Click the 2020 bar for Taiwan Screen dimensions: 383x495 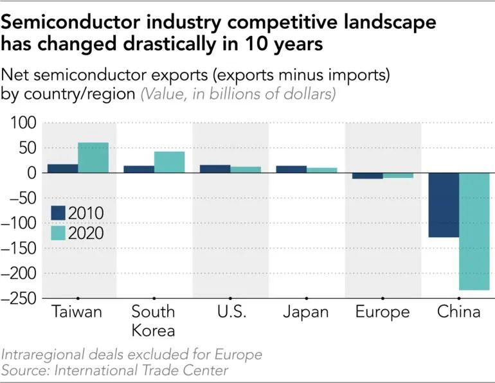pos(93,157)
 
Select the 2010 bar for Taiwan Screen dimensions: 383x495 pos(63,168)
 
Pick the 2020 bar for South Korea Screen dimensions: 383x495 pos(170,162)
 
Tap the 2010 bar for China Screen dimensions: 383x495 pos(444,205)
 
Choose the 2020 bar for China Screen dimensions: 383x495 pos(474,231)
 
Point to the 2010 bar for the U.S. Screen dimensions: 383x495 pos(215,169)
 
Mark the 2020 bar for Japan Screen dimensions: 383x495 pos(322,170)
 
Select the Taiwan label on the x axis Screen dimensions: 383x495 pos(78,313)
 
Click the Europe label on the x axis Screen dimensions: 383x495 pos(382,313)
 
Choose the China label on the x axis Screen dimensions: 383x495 pos(459,313)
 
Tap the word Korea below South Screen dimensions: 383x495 pos(153,331)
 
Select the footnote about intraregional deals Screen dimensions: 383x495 pos(132,355)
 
